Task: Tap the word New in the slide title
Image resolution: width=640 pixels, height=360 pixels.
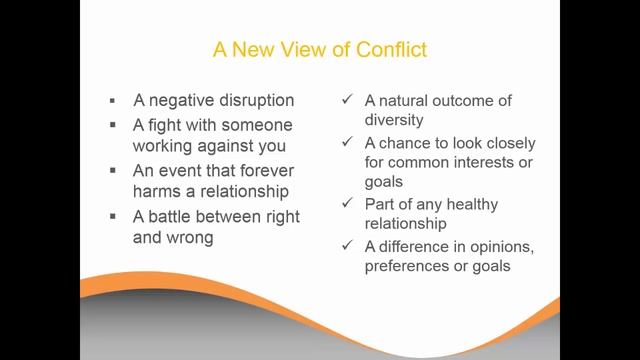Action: click(x=250, y=48)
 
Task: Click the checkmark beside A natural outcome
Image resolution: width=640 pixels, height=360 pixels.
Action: click(x=345, y=101)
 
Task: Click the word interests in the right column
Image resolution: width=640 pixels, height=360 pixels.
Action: click(x=484, y=163)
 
